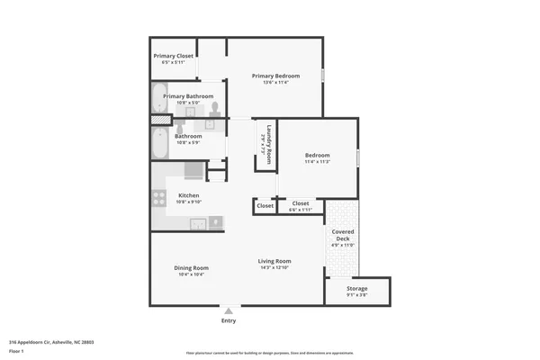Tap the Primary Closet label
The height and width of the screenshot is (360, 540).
click(x=173, y=56)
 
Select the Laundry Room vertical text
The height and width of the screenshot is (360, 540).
click(x=268, y=141)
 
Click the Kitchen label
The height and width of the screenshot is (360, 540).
click(x=189, y=195)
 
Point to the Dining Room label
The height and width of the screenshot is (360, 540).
click(x=191, y=267)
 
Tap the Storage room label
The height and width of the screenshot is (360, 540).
click(x=357, y=288)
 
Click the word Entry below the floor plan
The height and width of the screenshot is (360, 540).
click(x=229, y=320)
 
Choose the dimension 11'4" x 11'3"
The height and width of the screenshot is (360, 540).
click(x=317, y=161)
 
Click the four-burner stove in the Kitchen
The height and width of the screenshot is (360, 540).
click(x=193, y=171)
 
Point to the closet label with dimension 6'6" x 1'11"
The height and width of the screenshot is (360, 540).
click(x=301, y=203)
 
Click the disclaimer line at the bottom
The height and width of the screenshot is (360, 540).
click(x=270, y=354)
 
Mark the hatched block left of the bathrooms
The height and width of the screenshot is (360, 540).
click(x=159, y=120)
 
